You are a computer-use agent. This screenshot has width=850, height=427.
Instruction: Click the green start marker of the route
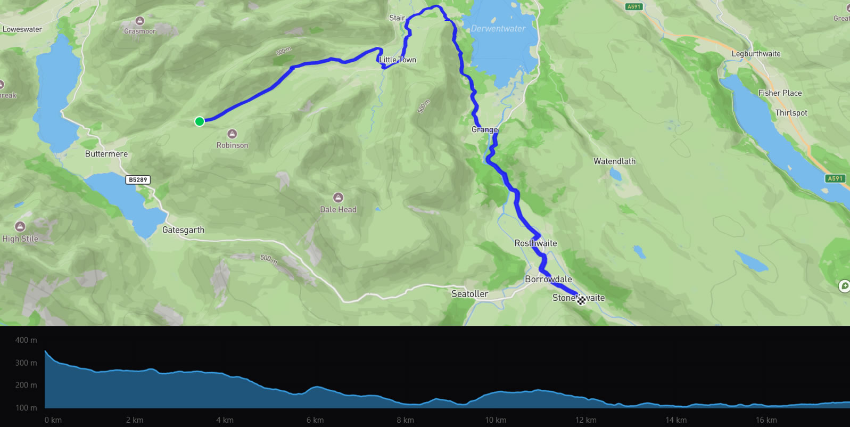point(200,121)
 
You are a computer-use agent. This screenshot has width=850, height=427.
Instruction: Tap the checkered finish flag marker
point(581,300)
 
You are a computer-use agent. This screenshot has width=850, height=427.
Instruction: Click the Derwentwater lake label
point(498,29)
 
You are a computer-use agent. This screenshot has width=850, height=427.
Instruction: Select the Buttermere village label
point(106,154)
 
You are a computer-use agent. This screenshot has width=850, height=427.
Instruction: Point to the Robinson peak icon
point(232,134)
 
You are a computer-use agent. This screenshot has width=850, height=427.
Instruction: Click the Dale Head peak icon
point(338,198)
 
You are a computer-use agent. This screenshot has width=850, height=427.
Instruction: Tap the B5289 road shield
point(138,180)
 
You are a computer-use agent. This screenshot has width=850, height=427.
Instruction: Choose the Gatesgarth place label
point(183,230)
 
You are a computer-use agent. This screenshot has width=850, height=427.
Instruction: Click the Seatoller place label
point(469,294)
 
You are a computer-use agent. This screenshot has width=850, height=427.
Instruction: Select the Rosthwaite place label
point(535,243)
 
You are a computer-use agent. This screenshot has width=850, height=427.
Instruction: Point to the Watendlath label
point(614,161)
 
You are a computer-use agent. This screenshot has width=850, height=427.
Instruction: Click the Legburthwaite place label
point(756,54)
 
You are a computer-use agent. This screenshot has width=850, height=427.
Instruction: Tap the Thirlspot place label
point(791,113)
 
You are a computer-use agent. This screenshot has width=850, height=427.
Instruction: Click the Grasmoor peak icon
point(140,21)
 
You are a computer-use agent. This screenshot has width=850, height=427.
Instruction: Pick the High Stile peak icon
point(20,227)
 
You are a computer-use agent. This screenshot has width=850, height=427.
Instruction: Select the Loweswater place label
point(22,29)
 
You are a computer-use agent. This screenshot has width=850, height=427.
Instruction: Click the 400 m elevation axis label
point(26,340)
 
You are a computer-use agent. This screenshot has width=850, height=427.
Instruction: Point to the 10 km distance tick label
point(496,420)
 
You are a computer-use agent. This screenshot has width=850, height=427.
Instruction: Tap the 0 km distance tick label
point(53,420)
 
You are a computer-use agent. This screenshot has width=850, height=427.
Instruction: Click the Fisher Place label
point(780,93)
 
